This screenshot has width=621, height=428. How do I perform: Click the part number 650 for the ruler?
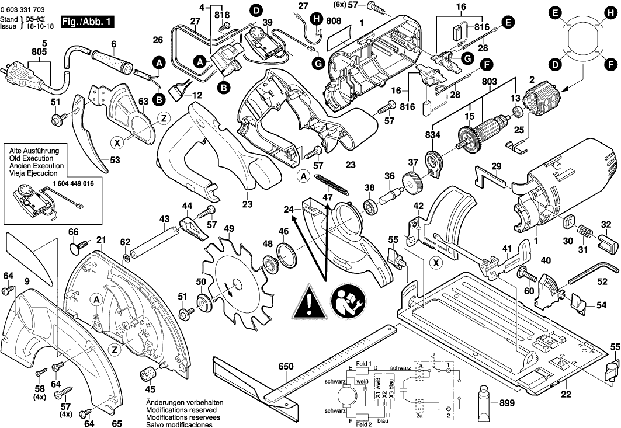pyautogui.click(x=286, y=367)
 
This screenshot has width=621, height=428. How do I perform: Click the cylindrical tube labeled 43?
pyautogui.click(x=154, y=240)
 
